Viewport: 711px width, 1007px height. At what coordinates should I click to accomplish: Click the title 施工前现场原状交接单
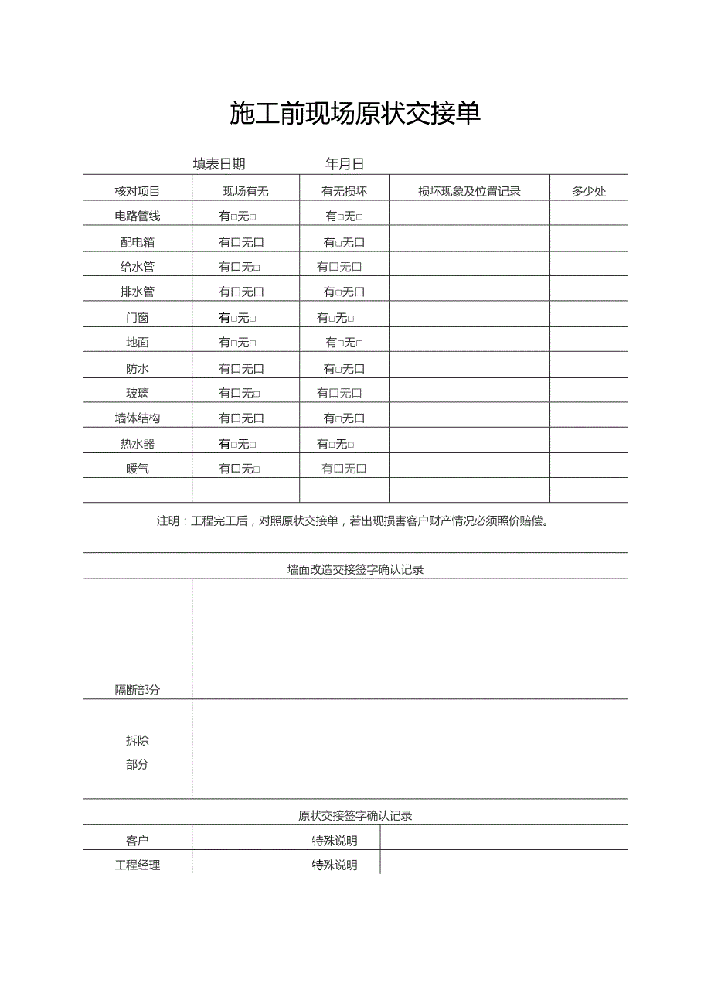click(x=355, y=114)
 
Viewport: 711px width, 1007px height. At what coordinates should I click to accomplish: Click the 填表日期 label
click(x=219, y=164)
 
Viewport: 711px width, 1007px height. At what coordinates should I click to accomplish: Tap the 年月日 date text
click(x=345, y=164)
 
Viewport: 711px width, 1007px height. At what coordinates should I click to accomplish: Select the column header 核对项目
click(x=138, y=192)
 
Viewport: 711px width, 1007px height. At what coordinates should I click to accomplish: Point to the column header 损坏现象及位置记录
click(x=469, y=192)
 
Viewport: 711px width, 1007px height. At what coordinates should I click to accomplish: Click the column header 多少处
click(x=589, y=192)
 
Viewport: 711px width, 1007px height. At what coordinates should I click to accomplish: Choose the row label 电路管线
click(x=138, y=217)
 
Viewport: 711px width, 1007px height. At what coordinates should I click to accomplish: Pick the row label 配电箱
click(x=138, y=242)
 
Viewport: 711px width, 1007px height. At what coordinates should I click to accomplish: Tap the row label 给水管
click(x=138, y=268)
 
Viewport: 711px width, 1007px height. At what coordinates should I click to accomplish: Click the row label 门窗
click(x=138, y=318)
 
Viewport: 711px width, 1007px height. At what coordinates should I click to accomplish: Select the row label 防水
click(x=138, y=369)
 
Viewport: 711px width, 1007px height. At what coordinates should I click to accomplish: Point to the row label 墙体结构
click(x=138, y=418)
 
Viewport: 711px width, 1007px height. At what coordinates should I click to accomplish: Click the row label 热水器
click(x=138, y=444)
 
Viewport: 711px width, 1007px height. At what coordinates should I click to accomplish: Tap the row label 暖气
click(x=138, y=469)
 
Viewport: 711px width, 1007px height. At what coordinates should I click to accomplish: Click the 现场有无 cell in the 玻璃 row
click(x=240, y=394)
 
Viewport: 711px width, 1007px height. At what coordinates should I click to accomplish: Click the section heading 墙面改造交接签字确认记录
click(x=355, y=570)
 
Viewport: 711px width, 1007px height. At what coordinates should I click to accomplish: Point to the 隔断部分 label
click(x=138, y=690)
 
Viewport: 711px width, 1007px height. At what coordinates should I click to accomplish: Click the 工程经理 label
click(x=138, y=865)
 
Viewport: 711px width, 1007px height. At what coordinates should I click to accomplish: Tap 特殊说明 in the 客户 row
click(x=335, y=841)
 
